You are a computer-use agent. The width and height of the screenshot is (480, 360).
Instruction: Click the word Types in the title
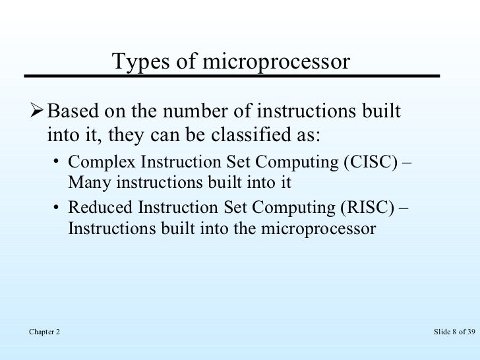point(136,63)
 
